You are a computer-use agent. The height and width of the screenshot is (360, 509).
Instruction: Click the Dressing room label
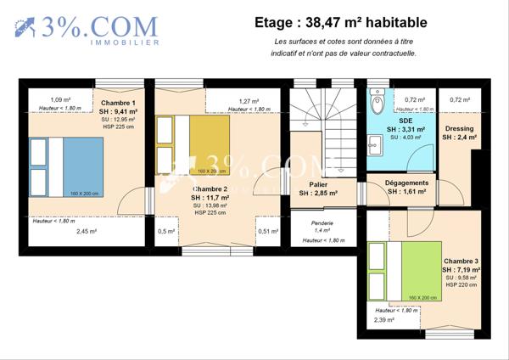tap(459, 129)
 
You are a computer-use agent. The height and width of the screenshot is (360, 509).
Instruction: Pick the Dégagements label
tap(406, 183)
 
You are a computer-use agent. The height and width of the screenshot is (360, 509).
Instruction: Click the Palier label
tap(318, 184)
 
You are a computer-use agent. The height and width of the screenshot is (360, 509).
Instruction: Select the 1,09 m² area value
tap(60, 99)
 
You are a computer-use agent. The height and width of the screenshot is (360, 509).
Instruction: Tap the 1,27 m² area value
tap(249, 100)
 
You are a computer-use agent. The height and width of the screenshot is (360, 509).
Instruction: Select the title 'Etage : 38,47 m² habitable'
tap(341, 23)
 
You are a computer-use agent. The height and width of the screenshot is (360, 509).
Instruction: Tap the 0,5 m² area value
tap(166, 230)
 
